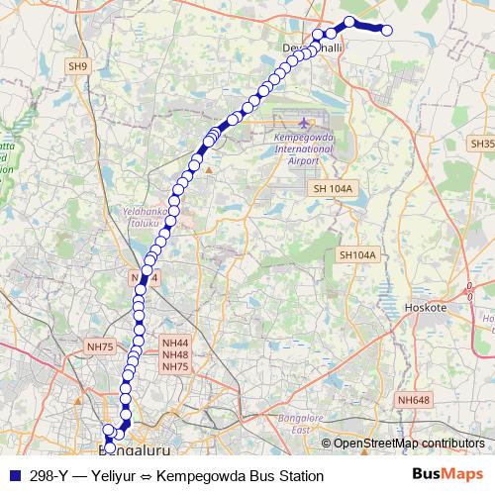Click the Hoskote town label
(428, 308)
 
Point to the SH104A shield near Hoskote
(357, 254)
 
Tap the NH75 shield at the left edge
(101, 346)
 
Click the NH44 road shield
(174, 343)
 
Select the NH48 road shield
(174, 354)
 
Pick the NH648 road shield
(414, 399)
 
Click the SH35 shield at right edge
(482, 144)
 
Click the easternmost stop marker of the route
(387, 31)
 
